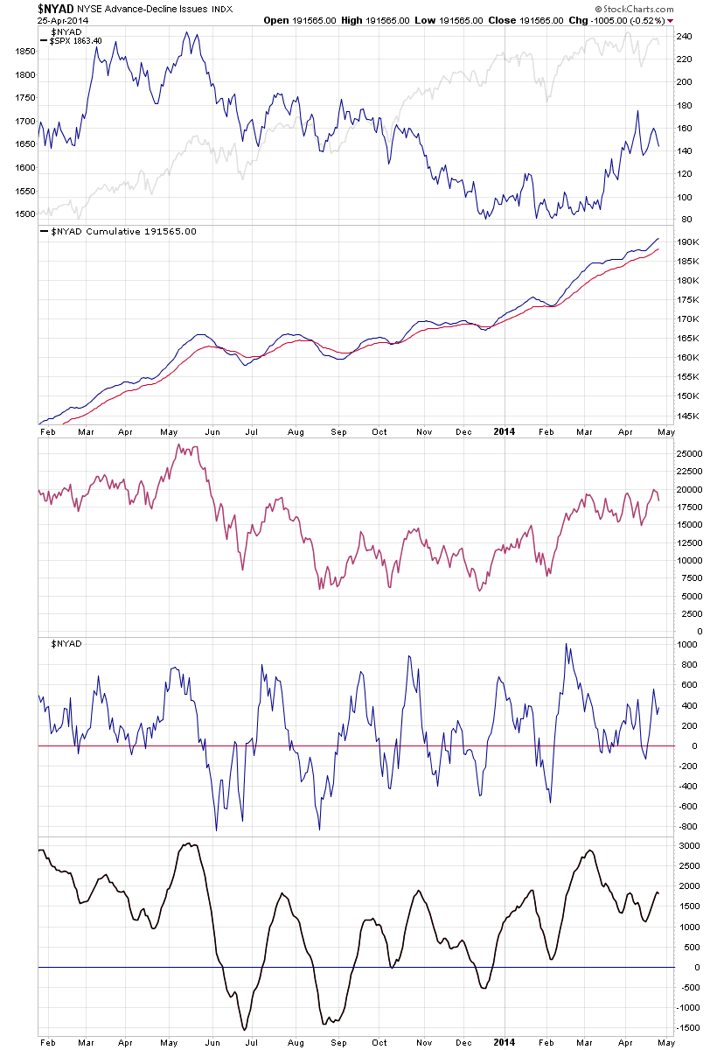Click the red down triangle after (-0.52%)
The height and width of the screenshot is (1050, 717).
671,20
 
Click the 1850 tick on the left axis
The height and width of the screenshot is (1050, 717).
24,52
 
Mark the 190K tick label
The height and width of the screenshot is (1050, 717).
687,242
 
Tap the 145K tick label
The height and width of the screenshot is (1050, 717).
687,416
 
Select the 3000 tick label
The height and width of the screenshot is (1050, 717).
689,847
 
